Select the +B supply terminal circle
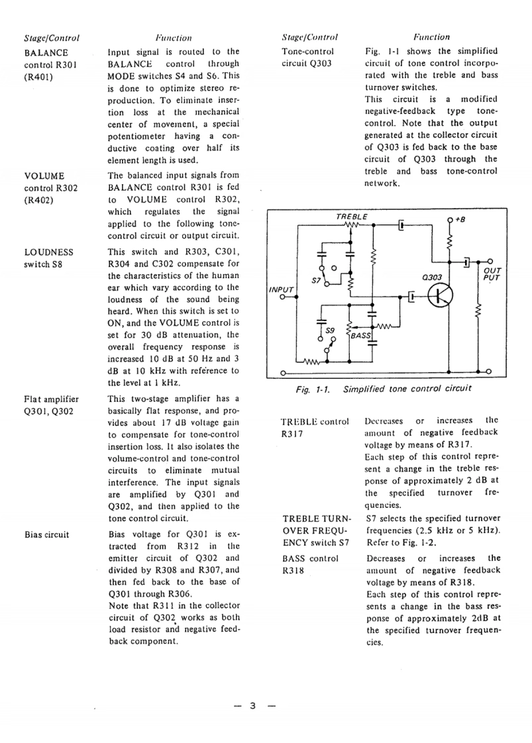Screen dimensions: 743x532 451,219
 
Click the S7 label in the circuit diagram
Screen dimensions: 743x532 315,281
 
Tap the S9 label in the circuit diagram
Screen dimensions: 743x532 330,329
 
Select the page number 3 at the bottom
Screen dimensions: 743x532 252,705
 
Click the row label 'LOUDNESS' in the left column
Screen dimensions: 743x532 48,252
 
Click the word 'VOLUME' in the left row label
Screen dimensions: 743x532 44,176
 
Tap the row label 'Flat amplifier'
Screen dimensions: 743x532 51,399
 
